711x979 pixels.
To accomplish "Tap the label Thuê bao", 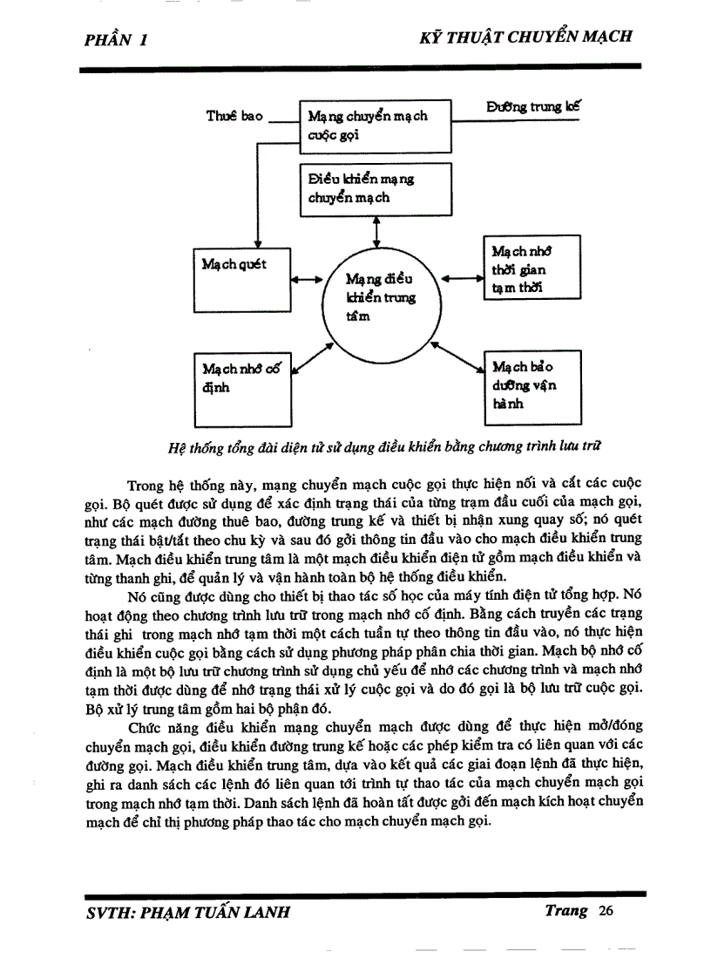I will click(x=234, y=116).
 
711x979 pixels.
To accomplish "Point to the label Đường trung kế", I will click(x=533, y=107).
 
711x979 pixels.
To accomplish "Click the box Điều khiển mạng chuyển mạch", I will click(x=376, y=188).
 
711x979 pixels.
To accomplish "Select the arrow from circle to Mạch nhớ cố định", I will click(x=313, y=357).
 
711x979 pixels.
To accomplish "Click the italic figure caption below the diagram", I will click(x=383, y=447).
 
